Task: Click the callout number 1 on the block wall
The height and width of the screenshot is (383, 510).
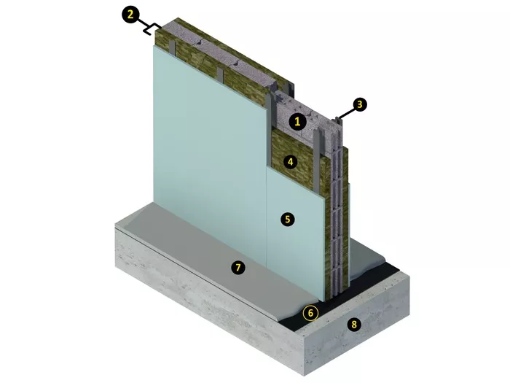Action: coord(297,122)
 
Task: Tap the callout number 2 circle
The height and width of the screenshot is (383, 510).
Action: coord(130,15)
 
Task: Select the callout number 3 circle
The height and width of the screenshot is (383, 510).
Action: coord(359,104)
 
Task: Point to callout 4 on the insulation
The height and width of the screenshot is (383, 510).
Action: coord(290,161)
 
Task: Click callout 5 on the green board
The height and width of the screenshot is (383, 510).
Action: coord(288,219)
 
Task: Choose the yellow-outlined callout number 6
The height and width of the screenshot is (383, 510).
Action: coord(310,313)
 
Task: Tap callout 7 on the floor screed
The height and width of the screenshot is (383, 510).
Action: coord(238,268)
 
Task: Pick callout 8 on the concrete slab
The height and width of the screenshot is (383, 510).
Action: coord(354,325)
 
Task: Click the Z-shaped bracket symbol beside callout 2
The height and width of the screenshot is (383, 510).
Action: coord(152,28)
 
